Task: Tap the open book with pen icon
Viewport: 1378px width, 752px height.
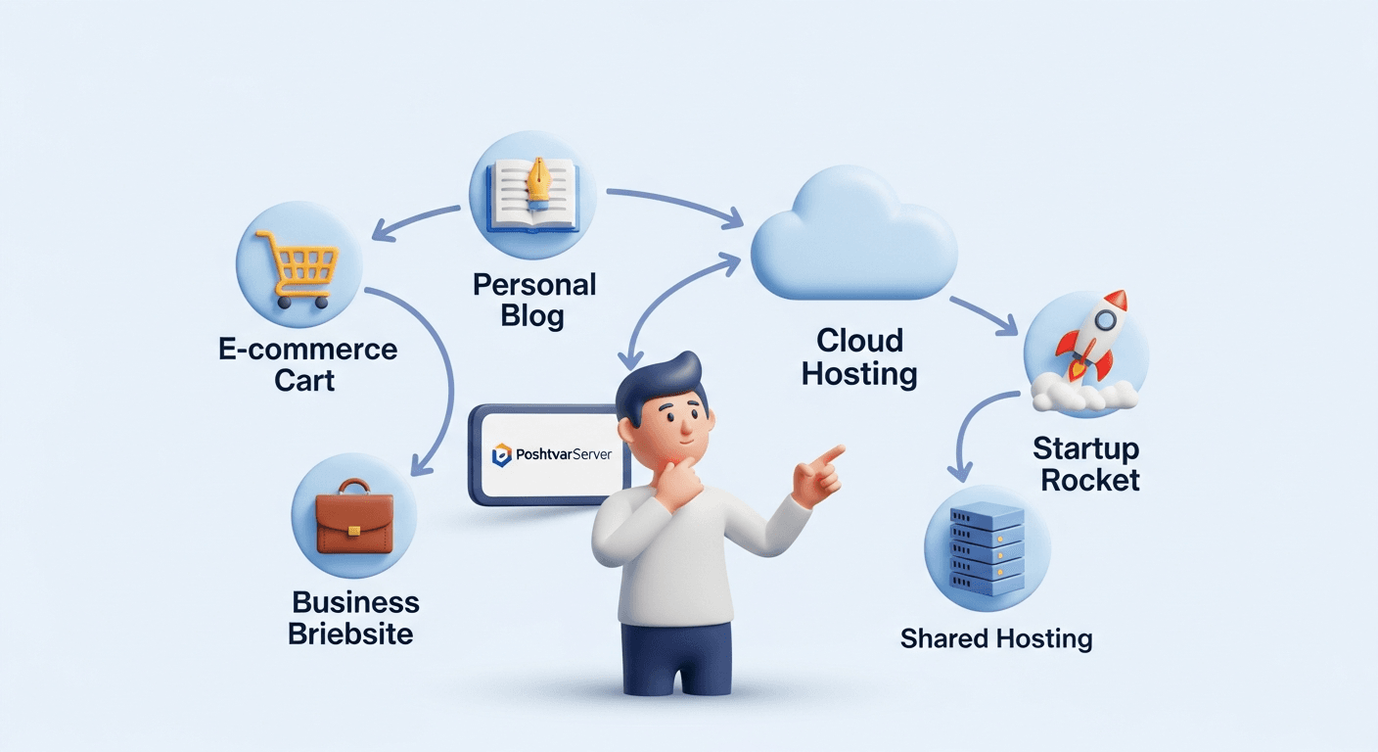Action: pyautogui.click(x=532, y=196)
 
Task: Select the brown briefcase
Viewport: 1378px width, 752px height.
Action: pyautogui.click(x=354, y=517)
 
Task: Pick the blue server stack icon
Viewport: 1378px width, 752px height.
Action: pyautogui.click(x=987, y=549)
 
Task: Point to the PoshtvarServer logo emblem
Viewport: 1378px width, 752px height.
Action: pyautogui.click(x=501, y=454)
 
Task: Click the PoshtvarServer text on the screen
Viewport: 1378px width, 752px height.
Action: pyautogui.click(x=564, y=454)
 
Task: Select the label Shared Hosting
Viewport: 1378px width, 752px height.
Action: pyautogui.click(x=996, y=638)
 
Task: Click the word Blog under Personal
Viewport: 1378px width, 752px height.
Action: pyautogui.click(x=532, y=315)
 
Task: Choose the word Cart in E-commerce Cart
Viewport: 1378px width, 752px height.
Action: pyautogui.click(x=304, y=380)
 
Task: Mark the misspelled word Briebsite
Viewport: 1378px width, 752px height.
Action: pyautogui.click(x=350, y=634)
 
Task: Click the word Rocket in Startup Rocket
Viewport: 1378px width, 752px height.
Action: pyautogui.click(x=1090, y=480)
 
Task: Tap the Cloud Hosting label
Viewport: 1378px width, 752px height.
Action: pyautogui.click(x=859, y=357)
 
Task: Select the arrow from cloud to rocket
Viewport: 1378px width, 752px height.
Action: pyautogui.click(x=985, y=315)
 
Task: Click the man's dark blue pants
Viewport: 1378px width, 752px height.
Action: pyautogui.click(x=676, y=658)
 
